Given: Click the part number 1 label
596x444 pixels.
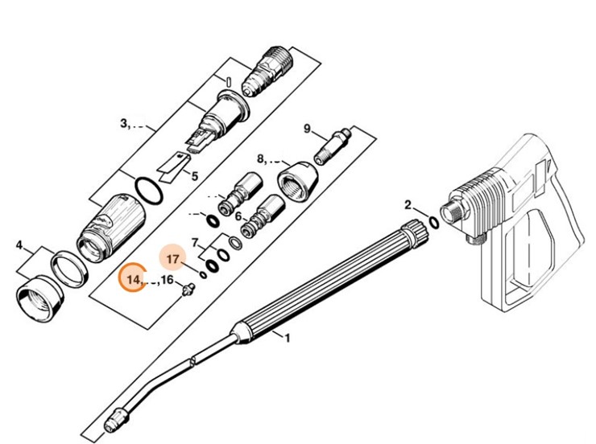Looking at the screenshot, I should click(287, 339).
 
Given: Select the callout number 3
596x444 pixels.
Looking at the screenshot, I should click(125, 123).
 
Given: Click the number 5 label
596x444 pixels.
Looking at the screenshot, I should click(194, 175).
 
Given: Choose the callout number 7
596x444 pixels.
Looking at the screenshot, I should click(195, 241).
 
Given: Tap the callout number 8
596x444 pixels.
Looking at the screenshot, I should click(260, 158).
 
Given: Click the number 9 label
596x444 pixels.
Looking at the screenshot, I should click(307, 129).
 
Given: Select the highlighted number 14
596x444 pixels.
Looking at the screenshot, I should click(134, 279).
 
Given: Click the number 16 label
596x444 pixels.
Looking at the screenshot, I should click(167, 279).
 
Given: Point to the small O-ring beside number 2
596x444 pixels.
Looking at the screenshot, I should click(433, 221).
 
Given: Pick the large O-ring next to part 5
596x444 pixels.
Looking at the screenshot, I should click(147, 191).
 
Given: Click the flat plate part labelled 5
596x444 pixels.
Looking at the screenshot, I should click(173, 166).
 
